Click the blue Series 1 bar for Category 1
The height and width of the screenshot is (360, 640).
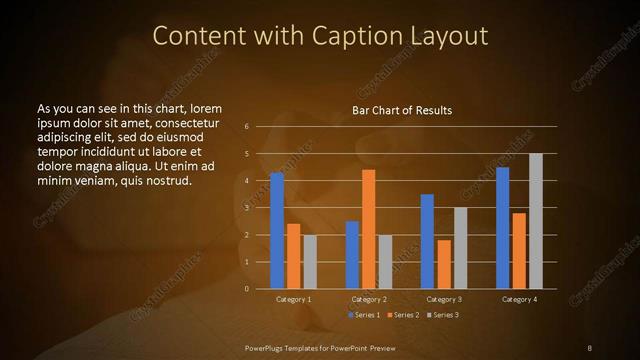tap(277, 230)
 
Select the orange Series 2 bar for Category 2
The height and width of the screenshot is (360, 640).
tap(368, 229)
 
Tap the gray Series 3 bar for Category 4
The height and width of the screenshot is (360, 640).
tap(535, 221)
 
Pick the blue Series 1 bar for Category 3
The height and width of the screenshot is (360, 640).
tap(427, 241)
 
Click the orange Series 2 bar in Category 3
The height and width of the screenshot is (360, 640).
tap(444, 264)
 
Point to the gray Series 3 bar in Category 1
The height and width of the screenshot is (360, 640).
tap(310, 261)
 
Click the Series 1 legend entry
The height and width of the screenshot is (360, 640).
tap(363, 315)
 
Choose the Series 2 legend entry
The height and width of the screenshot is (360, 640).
tap(403, 315)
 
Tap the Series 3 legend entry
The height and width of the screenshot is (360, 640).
tap(443, 315)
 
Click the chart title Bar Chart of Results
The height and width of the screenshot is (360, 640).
tap(402, 110)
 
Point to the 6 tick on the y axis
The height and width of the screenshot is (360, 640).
tap(245, 127)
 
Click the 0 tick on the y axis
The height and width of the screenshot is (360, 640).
tap(245, 288)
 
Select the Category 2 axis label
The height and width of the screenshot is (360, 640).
tap(369, 299)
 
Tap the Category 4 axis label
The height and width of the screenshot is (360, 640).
tap(519, 299)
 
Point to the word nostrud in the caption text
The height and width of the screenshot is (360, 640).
tap(168, 181)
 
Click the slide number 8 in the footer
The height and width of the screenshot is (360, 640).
tap(590, 347)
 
